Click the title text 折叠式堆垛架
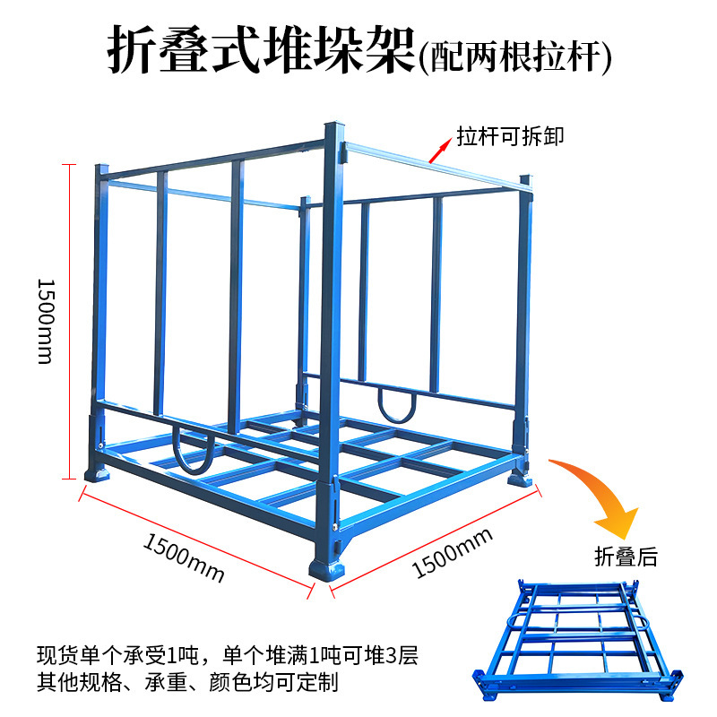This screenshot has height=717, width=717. pyautogui.click(x=261, y=51)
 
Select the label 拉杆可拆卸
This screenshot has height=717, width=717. pyautogui.click(x=511, y=135)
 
